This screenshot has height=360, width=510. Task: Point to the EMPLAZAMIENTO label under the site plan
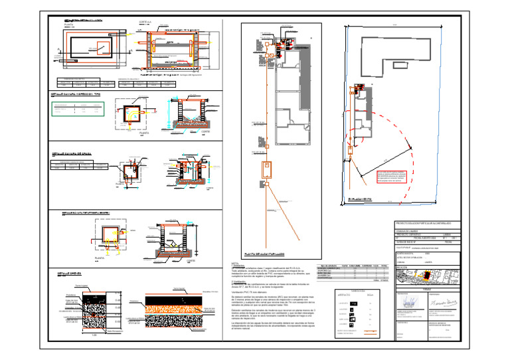point(359,199)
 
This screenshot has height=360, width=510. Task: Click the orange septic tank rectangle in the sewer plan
point(266,169)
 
